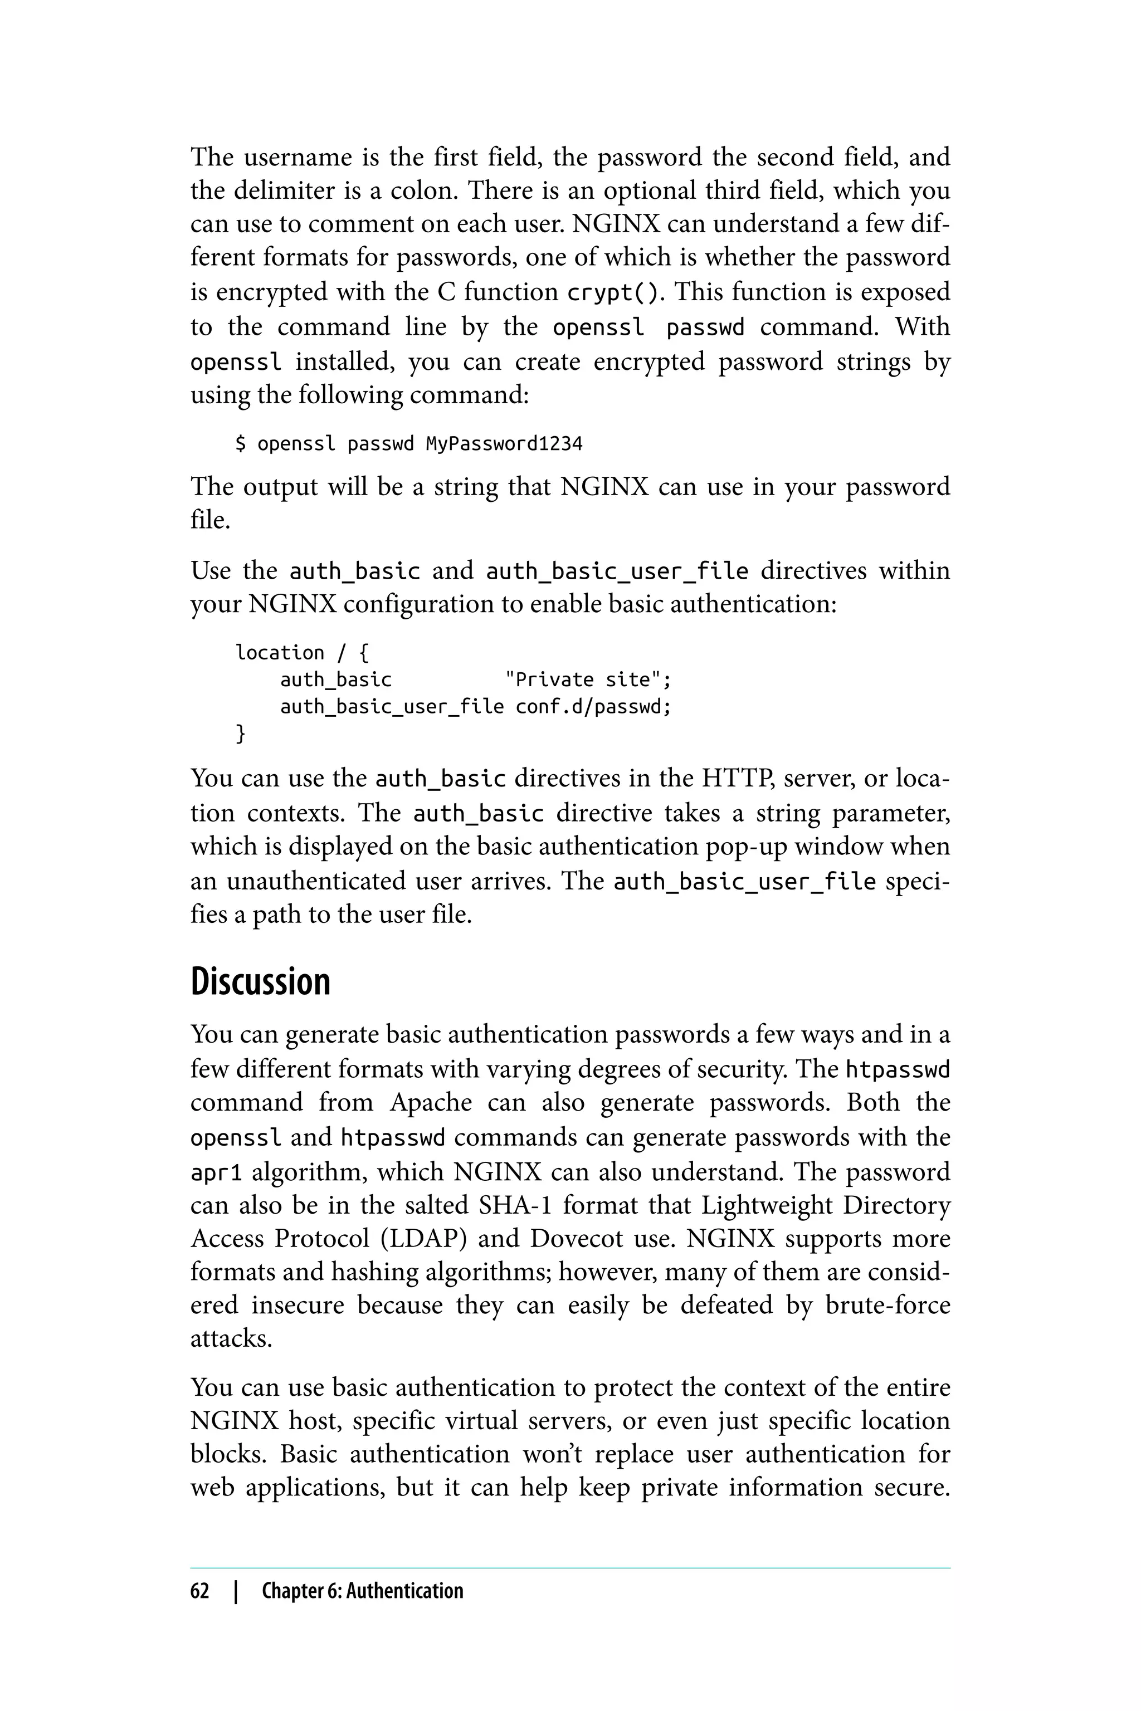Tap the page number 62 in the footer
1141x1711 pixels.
pyautogui.click(x=199, y=1590)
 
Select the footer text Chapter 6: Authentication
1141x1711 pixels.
pyautogui.click(x=362, y=1590)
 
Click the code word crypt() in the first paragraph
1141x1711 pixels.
pyautogui.click(x=614, y=292)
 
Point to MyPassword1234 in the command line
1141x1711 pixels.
pyautogui.click(x=504, y=444)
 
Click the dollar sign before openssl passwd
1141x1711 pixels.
pyautogui.click(x=241, y=444)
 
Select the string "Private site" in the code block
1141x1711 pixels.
pyautogui.click(x=588, y=679)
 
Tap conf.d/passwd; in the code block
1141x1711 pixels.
pyautogui.click(x=593, y=706)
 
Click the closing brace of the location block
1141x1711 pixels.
pyautogui.click(x=241, y=734)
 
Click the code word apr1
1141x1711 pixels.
pyautogui.click(x=216, y=1172)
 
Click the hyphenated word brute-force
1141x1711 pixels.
pyautogui.click(x=888, y=1305)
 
